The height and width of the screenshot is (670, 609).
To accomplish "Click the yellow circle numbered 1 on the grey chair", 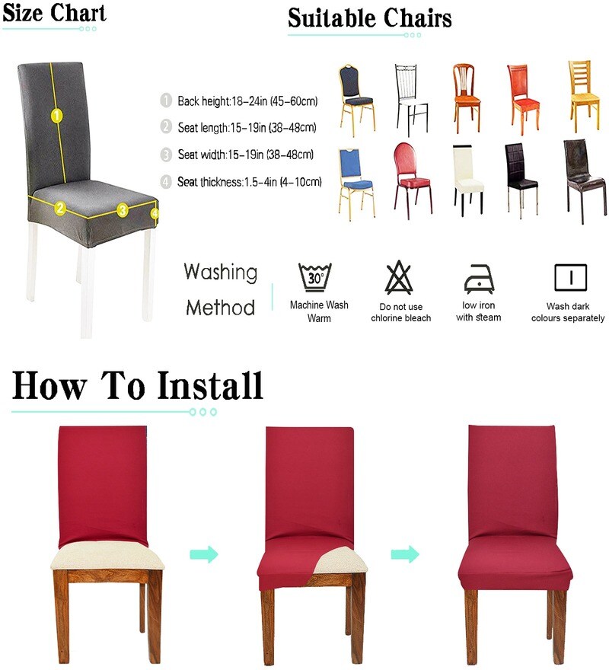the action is pyautogui.click(x=57, y=116).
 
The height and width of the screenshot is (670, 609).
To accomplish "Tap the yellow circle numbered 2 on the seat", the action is pyautogui.click(x=60, y=208).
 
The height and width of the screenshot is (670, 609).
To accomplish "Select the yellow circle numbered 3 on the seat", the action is pyautogui.click(x=123, y=210).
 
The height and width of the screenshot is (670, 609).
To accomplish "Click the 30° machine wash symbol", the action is pyautogui.click(x=315, y=277).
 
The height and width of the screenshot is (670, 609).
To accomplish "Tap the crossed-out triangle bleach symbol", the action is pyautogui.click(x=399, y=277).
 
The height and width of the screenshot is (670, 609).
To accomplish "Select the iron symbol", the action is pyautogui.click(x=479, y=279).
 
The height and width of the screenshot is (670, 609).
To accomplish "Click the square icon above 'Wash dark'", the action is pyautogui.click(x=570, y=278).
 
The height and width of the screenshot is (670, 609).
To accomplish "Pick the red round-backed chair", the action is pyautogui.click(x=412, y=180).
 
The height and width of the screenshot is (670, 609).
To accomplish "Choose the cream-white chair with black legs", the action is pyautogui.click(x=468, y=180).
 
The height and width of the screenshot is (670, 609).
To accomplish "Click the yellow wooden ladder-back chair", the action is pyautogui.click(x=584, y=97).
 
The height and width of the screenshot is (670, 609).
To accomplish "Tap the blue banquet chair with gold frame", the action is pyautogui.click(x=356, y=183).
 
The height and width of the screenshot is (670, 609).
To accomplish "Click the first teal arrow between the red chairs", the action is pyautogui.click(x=204, y=554).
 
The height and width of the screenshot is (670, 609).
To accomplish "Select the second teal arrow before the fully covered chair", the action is pyautogui.click(x=405, y=554).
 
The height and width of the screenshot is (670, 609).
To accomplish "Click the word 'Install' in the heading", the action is pyautogui.click(x=210, y=385).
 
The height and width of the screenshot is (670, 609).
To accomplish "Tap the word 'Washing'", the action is pyautogui.click(x=221, y=273).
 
